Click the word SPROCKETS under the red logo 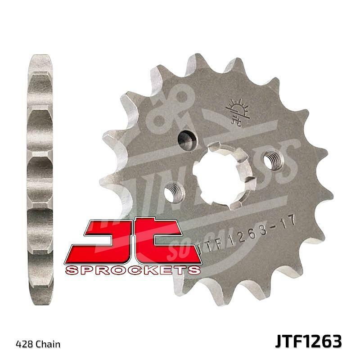click(x=132, y=270)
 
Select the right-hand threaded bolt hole click(x=273, y=159)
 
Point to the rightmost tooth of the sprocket click(x=325, y=193)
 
